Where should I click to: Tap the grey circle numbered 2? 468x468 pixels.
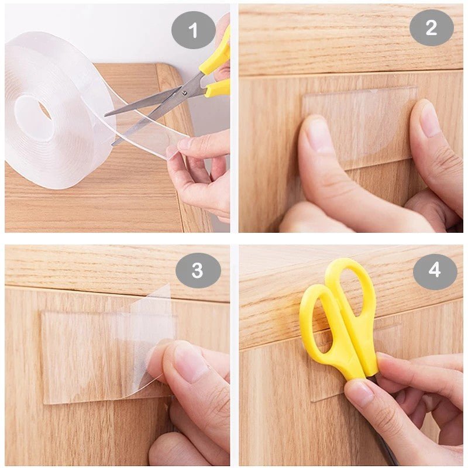click(x=431, y=27)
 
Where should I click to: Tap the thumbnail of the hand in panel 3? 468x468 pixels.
click(x=189, y=357)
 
